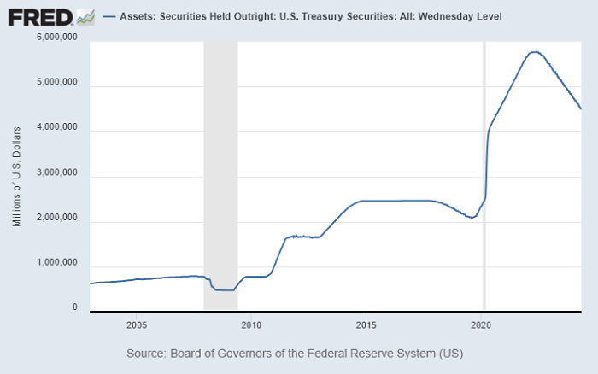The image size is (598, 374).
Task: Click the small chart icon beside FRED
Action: pyautogui.click(x=84, y=16)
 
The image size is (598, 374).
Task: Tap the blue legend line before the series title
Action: pyautogui.click(x=108, y=16)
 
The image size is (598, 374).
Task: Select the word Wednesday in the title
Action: pyautogui.click(x=447, y=16)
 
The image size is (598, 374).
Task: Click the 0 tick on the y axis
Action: pyautogui.click(x=74, y=307)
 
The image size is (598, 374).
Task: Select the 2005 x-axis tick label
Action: pyautogui.click(x=136, y=324)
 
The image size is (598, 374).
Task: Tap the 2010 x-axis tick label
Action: pyautogui.click(x=250, y=324)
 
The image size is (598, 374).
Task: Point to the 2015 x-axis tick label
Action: pyautogui.click(x=366, y=324)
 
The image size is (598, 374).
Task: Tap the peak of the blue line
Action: pyautogui.click(x=534, y=52)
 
